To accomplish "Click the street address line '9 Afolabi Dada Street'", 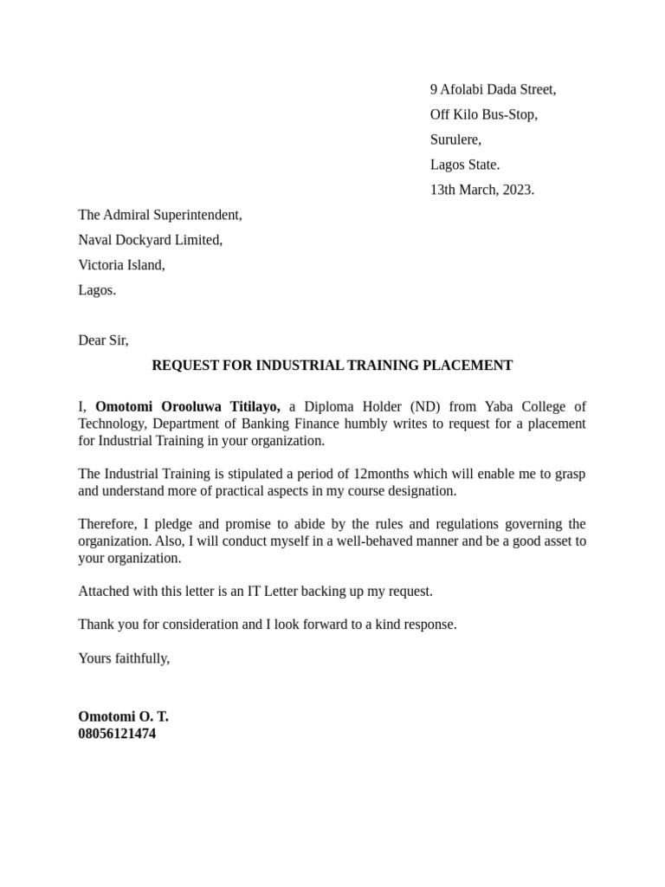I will (493, 89).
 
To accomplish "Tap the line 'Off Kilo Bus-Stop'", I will (483, 114).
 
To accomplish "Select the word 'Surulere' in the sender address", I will (455, 139).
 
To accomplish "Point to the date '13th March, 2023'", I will (482, 190).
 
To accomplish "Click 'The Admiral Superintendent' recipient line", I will (160, 215).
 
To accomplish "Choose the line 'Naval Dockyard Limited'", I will (151, 240).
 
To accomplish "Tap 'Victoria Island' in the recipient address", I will (121, 265).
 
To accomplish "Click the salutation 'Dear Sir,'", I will (103, 340).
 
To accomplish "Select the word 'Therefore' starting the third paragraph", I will (107, 524).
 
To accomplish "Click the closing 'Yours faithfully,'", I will (124, 658).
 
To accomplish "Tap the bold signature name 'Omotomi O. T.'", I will (123, 716).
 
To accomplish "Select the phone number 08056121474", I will (117, 734).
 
